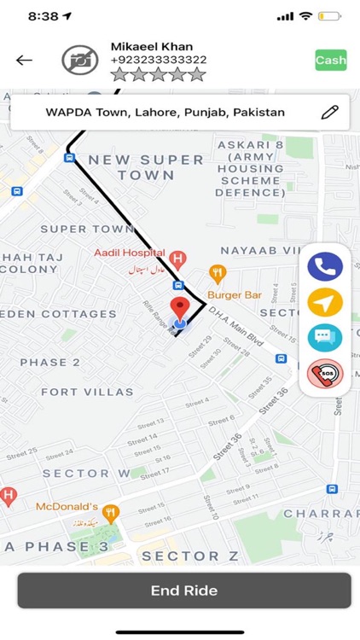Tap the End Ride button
pyautogui.click(x=183, y=591)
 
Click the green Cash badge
pyautogui.click(x=330, y=61)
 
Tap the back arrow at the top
pyautogui.click(x=24, y=60)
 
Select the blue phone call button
pyautogui.click(x=325, y=266)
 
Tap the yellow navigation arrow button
pyautogui.click(x=325, y=301)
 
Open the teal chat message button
pyautogui.click(x=325, y=337)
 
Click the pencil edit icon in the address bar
pyautogui.click(x=329, y=112)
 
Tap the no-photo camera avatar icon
pyautogui.click(x=80, y=60)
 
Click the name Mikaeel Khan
pyautogui.click(x=152, y=46)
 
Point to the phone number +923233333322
pyautogui.click(x=158, y=60)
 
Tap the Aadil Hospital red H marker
pyautogui.click(x=177, y=258)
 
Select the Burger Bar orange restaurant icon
pyautogui.click(x=218, y=275)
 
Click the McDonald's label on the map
pyautogui.click(x=67, y=506)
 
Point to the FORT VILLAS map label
pyautogui.click(x=87, y=392)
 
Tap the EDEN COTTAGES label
pyautogui.click(x=58, y=314)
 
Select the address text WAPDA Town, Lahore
pyautogui.click(x=165, y=112)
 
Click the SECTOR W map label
pyautogui.click(x=86, y=474)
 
